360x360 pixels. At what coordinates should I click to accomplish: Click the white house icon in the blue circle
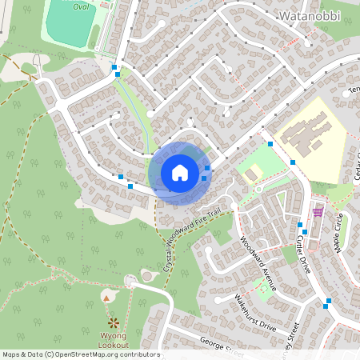pyautogui.click(x=179, y=172)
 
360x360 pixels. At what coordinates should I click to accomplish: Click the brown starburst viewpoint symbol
pyautogui.click(x=114, y=322)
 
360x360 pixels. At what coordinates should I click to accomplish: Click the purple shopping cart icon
pyautogui.click(x=318, y=212)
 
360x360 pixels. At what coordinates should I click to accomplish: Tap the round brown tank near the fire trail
pyautogui.click(x=146, y=275)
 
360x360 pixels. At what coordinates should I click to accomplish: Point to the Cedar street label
pyautogui.click(x=355, y=165)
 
